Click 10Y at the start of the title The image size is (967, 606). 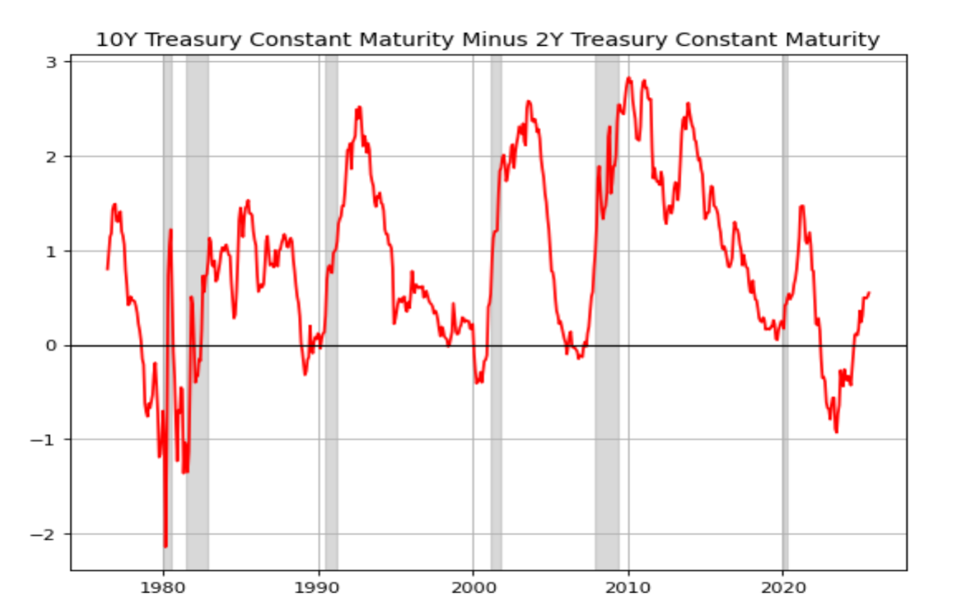pyautogui.click(x=111, y=41)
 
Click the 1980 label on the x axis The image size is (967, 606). pyautogui.click(x=163, y=587)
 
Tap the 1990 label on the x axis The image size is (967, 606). pyautogui.click(x=318, y=587)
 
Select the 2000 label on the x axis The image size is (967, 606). pyautogui.click(x=473, y=587)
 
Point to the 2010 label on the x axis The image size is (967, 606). pyautogui.click(x=628, y=587)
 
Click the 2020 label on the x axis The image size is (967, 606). pyautogui.click(x=783, y=587)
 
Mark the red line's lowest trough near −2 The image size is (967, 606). pyautogui.click(x=166, y=546)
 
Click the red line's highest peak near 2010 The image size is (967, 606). pyautogui.click(x=629, y=78)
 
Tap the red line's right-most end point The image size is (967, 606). pyautogui.click(x=869, y=292)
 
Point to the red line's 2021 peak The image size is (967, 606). pyautogui.click(x=802, y=206)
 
